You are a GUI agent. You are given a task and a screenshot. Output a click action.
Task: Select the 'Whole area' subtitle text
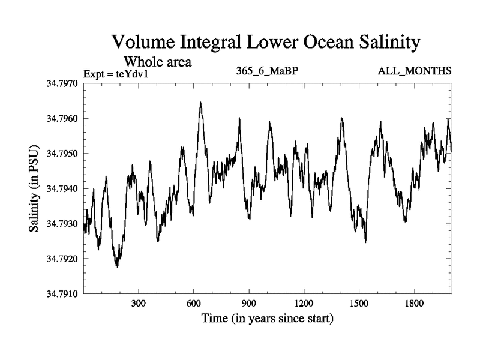[x=158, y=61]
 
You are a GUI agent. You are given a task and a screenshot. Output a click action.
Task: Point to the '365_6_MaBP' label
[x=268, y=71]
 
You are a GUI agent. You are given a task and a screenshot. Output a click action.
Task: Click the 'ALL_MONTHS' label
[x=415, y=71]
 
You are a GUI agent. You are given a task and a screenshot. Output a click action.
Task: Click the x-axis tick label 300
[x=139, y=304]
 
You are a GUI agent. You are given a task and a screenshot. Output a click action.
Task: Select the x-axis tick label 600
[x=193, y=304]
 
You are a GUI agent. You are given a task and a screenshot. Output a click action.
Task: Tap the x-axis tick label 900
[x=248, y=304]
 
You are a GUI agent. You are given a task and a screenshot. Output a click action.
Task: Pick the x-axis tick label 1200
[x=304, y=304]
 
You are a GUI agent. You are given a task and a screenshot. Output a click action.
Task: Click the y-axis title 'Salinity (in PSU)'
[x=34, y=188]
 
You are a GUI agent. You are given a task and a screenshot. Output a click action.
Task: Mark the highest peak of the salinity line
[x=200, y=103]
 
